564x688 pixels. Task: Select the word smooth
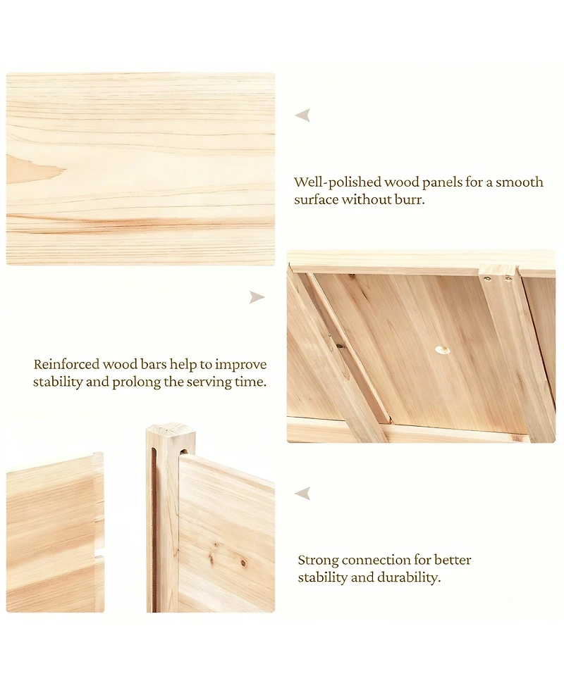(x=520, y=182)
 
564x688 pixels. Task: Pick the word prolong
(x=137, y=382)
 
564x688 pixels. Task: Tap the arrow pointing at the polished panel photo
(x=302, y=115)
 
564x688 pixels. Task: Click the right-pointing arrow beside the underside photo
(x=257, y=297)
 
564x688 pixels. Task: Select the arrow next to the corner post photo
(x=302, y=493)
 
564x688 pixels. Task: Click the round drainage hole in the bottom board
(x=443, y=350)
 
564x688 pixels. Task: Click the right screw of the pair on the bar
(x=508, y=277)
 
